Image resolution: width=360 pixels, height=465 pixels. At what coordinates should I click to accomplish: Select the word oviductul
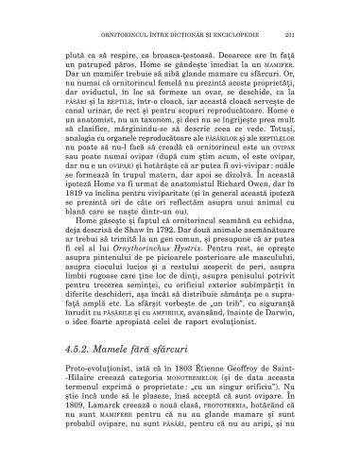tap(96, 90)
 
